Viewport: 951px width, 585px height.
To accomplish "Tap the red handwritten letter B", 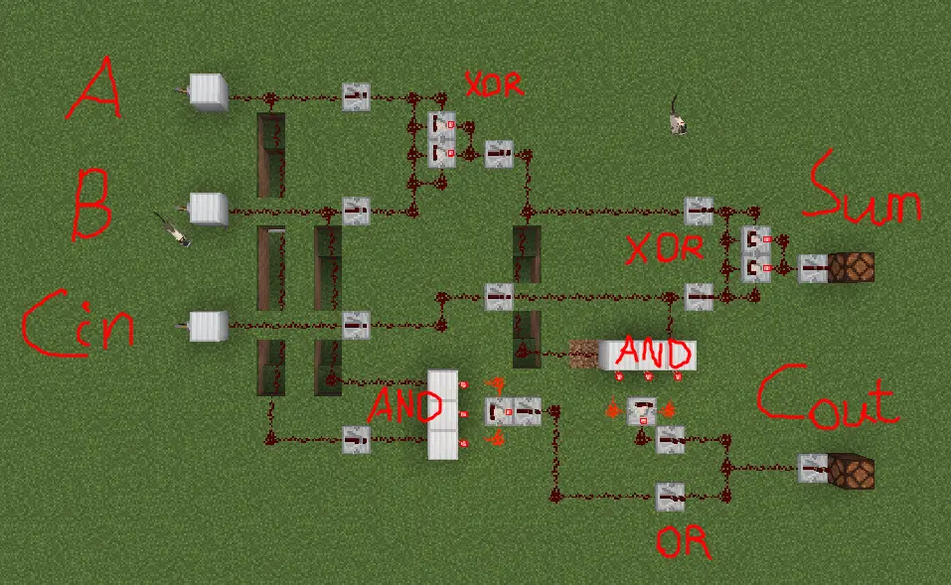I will click(x=91, y=204).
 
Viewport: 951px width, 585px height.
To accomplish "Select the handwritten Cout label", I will click(x=826, y=398).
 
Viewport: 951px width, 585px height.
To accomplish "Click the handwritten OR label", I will click(x=685, y=542).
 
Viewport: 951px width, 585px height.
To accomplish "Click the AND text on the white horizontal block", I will click(x=653, y=354).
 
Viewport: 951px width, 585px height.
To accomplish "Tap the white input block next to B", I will click(x=209, y=208).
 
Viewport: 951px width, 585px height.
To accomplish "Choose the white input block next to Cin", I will click(x=208, y=324).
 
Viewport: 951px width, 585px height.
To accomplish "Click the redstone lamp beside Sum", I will click(x=852, y=268).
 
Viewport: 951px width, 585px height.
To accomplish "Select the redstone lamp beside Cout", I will click(x=852, y=470).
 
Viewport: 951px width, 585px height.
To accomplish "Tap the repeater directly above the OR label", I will click(x=670, y=495).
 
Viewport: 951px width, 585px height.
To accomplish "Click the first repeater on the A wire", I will click(x=356, y=97).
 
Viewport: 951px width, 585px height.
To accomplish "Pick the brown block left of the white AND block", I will click(x=583, y=353).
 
